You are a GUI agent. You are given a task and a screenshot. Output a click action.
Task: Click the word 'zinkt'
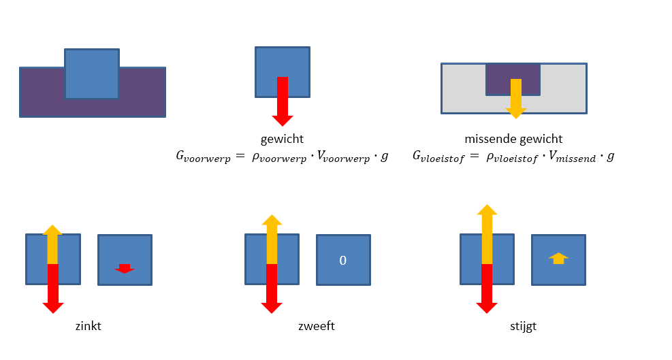coord(89,326)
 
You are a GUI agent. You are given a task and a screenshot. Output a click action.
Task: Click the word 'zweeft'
coord(317,326)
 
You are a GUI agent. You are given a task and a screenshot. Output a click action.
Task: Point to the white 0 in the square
coord(343,260)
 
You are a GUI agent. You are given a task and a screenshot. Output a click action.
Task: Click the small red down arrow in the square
coord(124,268)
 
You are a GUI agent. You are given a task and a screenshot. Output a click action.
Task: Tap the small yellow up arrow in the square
coord(558,259)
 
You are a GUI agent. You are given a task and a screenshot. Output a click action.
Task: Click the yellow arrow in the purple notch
coord(516,95)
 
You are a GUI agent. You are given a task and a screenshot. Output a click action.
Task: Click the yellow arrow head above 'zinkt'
coord(52,231)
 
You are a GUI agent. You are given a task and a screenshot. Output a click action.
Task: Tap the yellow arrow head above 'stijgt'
coord(487,210)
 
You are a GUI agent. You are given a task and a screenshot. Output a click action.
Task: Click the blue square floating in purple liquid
coord(92,73)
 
